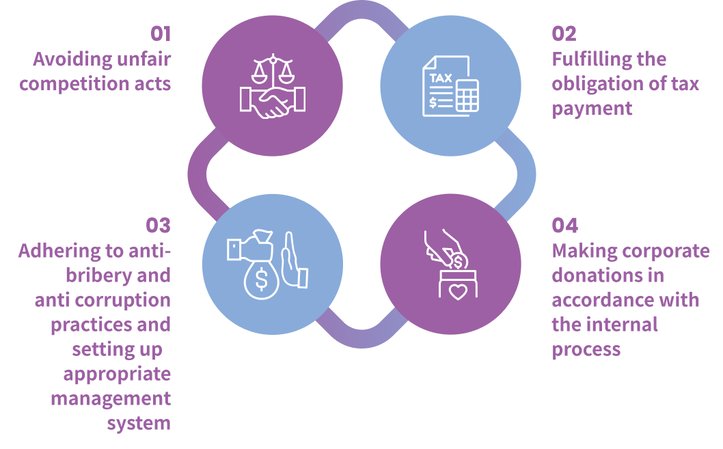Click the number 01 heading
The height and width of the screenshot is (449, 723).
[x=161, y=34]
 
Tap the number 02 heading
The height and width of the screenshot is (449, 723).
[x=564, y=34]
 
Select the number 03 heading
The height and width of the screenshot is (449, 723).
[x=158, y=226]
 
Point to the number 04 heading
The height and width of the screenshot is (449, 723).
[x=564, y=226]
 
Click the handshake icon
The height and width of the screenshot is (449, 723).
[x=273, y=103]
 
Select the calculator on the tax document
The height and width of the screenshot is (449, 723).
[x=467, y=96]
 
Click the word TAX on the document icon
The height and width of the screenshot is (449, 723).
[x=440, y=78]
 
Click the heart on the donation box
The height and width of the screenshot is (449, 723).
[x=457, y=292]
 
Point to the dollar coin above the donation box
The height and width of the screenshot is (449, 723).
[x=458, y=261]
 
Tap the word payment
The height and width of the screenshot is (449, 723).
[x=592, y=109]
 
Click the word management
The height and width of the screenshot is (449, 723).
[x=111, y=398]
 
